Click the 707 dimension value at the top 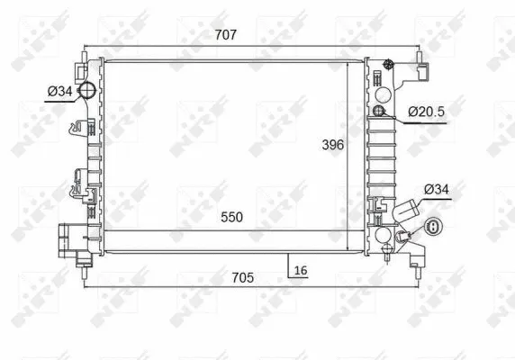coord(226,35)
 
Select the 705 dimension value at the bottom coord(243,278)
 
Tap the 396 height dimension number coord(333,145)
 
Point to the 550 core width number coord(231,217)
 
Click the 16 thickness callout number coord(301,270)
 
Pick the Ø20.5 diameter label coord(426,112)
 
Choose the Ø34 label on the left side coord(59,91)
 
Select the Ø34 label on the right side coord(436,189)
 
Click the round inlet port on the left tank coord(86,90)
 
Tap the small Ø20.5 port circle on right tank coord(379,111)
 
